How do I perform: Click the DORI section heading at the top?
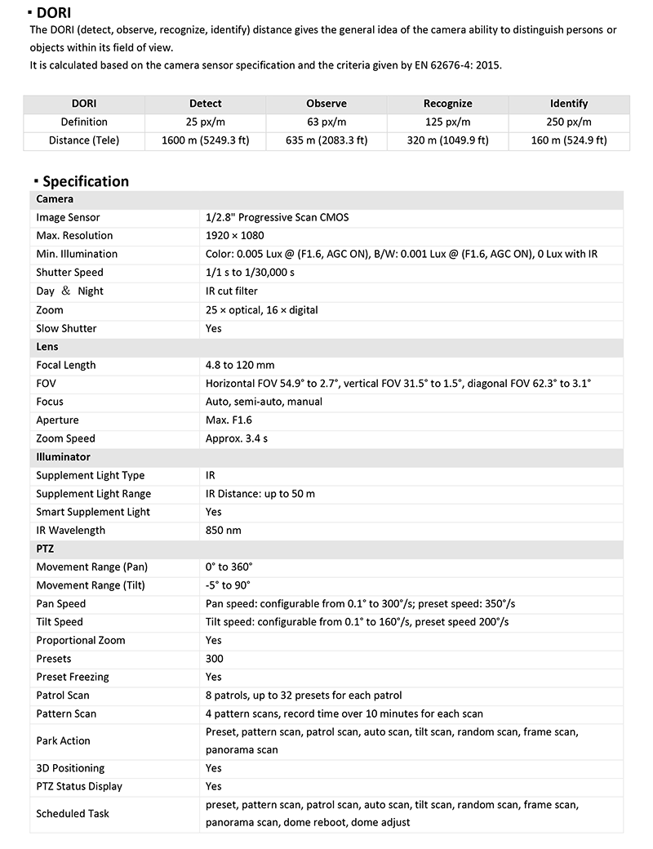pyautogui.click(x=54, y=12)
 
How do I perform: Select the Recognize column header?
pyautogui.click(x=447, y=104)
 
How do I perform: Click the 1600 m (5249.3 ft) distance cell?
pyautogui.click(x=205, y=140)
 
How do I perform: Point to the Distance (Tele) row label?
pyautogui.click(x=84, y=140)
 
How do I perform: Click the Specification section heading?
pyautogui.click(x=85, y=181)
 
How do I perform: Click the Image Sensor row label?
pyautogui.click(x=68, y=218)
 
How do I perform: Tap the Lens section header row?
pyautogui.click(x=47, y=347)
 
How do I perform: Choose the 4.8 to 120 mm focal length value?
pyautogui.click(x=240, y=365)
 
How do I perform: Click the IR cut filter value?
pyautogui.click(x=232, y=291)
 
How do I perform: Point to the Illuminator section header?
pyautogui.click(x=63, y=457)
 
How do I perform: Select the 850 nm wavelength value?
pyautogui.click(x=224, y=531)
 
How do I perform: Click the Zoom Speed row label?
pyautogui.click(x=65, y=438)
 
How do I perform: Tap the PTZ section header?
pyautogui.click(x=46, y=549)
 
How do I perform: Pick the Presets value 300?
pyautogui.click(x=215, y=659)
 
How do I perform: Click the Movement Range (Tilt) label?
pyautogui.click(x=90, y=585)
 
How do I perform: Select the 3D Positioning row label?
pyautogui.click(x=71, y=768)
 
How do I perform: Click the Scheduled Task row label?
pyautogui.click(x=73, y=814)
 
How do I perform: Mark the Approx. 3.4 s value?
pyautogui.click(x=237, y=438)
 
